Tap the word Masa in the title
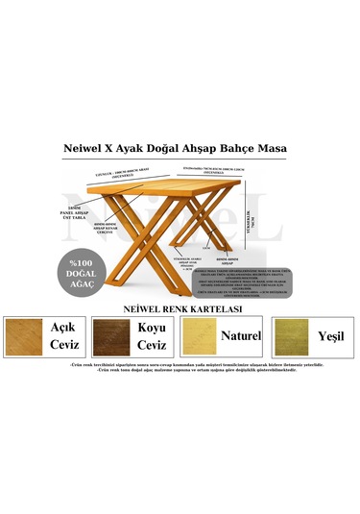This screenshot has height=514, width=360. tap(281, 150)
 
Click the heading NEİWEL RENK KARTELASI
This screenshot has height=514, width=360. tap(182, 308)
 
